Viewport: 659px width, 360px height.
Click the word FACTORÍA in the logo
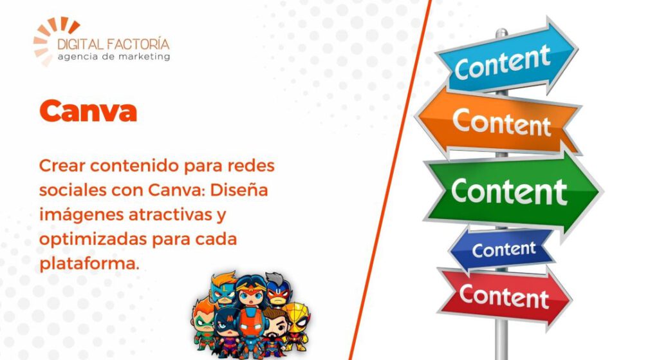(x=138, y=44)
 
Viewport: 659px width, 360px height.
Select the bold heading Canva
(x=88, y=111)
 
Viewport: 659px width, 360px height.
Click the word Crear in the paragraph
(x=62, y=166)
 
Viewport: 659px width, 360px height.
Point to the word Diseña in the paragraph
(x=239, y=190)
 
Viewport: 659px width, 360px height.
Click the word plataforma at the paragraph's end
(x=89, y=263)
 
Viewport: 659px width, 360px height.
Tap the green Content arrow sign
(x=513, y=192)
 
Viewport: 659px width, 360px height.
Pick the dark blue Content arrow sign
(x=502, y=250)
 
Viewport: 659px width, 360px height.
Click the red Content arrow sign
(x=505, y=296)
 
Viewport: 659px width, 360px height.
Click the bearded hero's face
(x=275, y=323)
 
